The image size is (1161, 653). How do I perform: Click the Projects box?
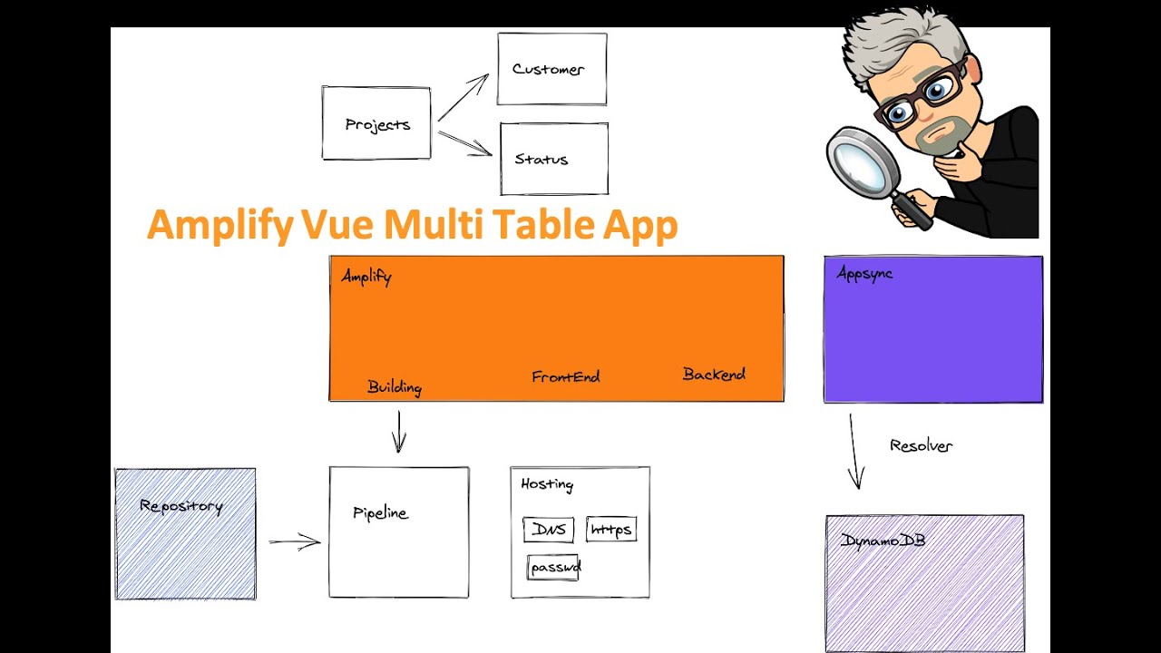point(376,124)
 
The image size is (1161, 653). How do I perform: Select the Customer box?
point(551,69)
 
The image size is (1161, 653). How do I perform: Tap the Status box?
point(553,159)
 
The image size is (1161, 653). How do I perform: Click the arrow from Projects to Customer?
point(463,97)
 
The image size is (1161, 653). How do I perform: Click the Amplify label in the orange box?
point(366,277)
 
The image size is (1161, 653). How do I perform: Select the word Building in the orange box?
point(395,387)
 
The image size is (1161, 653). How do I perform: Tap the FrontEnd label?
point(565,376)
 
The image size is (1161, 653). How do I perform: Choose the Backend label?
point(714,374)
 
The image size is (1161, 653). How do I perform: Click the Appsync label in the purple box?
point(864,274)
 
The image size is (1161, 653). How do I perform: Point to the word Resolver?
point(921,445)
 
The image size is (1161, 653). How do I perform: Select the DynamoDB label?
point(883,541)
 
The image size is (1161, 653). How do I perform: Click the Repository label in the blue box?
point(180,506)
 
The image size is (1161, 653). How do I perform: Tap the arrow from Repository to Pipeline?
point(295,542)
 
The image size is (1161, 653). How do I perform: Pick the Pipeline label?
point(380,512)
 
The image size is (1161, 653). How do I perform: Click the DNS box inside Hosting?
point(549,530)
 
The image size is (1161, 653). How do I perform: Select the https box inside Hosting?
point(610,529)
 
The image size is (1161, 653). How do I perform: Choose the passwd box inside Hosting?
point(553,568)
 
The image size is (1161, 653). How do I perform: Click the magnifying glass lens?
point(861,163)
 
